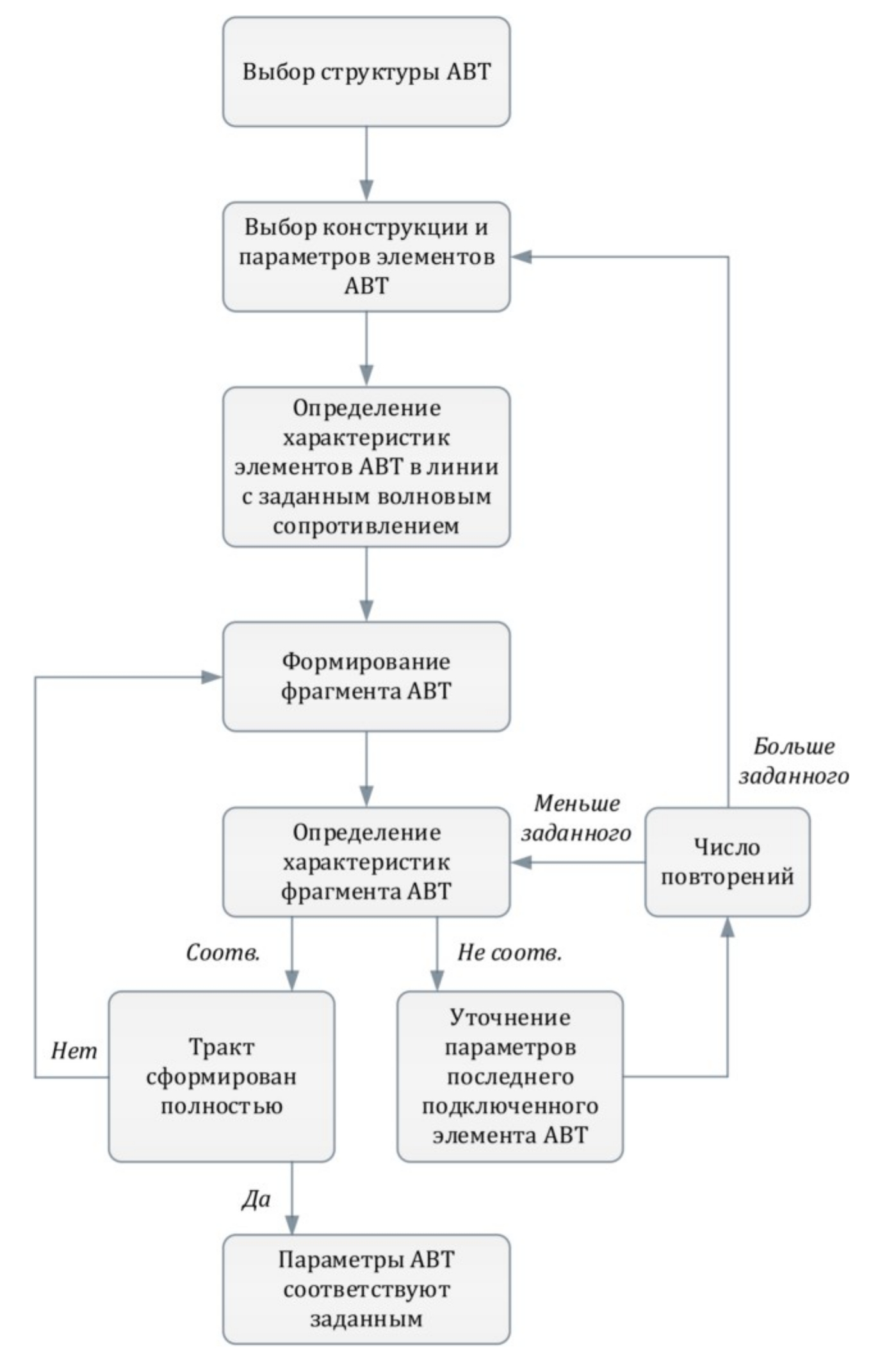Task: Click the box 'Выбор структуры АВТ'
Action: coord(366,72)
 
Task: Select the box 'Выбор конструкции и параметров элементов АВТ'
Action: coord(366,257)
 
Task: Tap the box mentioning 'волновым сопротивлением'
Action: coord(366,467)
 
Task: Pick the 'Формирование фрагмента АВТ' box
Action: coord(366,676)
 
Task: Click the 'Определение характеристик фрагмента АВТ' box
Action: coord(366,862)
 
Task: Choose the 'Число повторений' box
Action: coord(727,862)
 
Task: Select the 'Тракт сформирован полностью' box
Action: coord(222,1077)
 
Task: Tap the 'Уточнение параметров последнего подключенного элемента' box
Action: coord(510,1077)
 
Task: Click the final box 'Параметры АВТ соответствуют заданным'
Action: coord(366,1289)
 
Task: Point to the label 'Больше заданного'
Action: coord(794,761)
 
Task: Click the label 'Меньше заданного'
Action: coord(576,818)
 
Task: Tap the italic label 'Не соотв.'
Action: coord(509,953)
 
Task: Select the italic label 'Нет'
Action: coord(74,1051)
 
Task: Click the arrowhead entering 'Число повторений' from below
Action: coord(727,927)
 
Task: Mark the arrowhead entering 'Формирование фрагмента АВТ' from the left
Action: coord(211,677)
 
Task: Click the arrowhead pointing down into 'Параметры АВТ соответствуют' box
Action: coord(292,1225)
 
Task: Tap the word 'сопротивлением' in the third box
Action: coord(366,526)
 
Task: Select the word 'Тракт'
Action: coord(222,1047)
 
